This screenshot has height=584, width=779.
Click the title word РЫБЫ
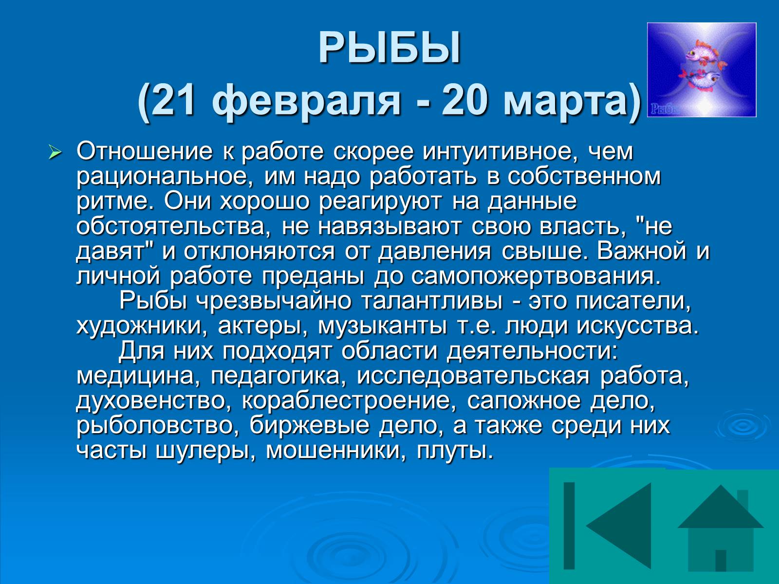click(389, 48)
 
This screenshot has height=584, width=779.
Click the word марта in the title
click(562, 103)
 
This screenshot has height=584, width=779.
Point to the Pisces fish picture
click(702, 70)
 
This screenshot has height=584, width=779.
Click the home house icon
click(721, 528)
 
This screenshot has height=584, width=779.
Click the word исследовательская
click(473, 377)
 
